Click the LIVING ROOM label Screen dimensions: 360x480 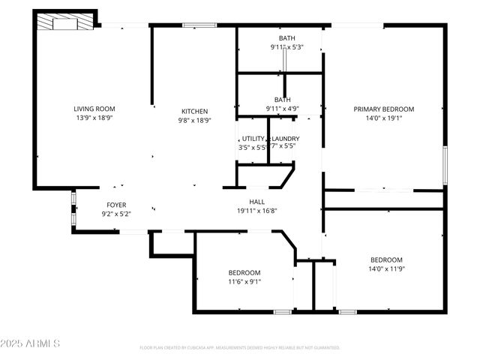[x=94, y=109]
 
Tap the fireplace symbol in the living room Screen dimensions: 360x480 [x=65, y=22]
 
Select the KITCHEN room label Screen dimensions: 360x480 [x=193, y=111]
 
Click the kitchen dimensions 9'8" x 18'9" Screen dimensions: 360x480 [x=193, y=120]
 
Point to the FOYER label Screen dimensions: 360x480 [x=115, y=205]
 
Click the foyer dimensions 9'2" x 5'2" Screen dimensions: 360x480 [x=115, y=214]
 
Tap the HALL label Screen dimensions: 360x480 [x=256, y=202]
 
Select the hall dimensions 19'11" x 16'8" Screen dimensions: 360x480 [x=256, y=211]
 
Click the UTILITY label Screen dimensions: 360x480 [x=253, y=139]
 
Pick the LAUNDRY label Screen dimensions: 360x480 [x=285, y=139]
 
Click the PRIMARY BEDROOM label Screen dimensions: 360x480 [x=383, y=109]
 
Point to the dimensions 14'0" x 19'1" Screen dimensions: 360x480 [x=383, y=118]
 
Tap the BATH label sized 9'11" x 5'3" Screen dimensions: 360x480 [x=286, y=38]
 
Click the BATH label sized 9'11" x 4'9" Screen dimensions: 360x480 [x=282, y=100]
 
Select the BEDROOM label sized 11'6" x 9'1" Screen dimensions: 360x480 [x=244, y=272]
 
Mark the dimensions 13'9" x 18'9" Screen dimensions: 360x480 [x=94, y=118]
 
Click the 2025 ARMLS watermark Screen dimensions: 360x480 [x=31, y=343]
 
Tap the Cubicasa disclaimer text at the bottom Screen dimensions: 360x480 [x=240, y=348]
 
